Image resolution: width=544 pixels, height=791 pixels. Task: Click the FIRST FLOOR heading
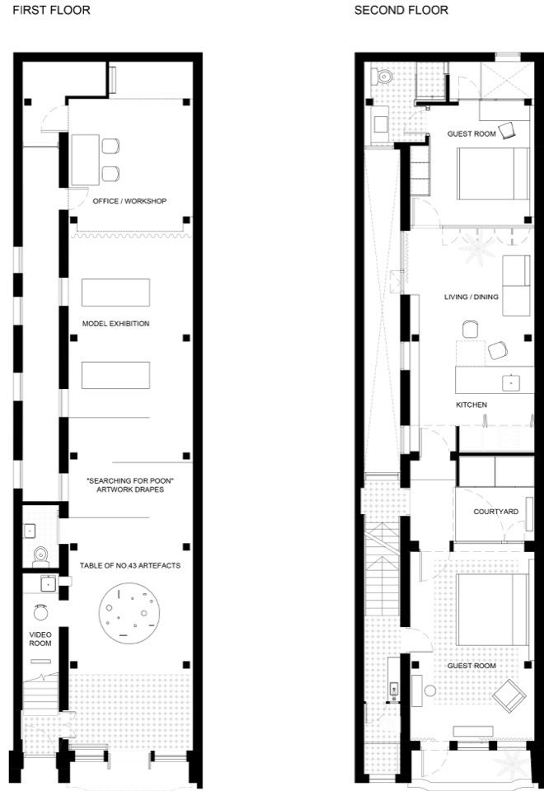[x=51, y=10]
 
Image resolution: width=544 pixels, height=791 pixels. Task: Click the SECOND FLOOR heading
[x=401, y=10]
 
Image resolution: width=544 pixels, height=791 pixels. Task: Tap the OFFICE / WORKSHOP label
[x=129, y=201]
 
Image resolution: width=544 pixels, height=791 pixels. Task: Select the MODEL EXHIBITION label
[x=115, y=323]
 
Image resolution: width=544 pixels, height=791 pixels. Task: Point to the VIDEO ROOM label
[x=40, y=639]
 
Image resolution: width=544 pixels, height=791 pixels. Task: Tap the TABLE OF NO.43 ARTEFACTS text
[x=130, y=565]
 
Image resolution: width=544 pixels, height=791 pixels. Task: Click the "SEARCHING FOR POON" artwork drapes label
[x=130, y=484]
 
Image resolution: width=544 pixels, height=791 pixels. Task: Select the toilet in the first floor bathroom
[x=40, y=557]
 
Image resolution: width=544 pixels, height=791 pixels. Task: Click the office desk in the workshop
[x=85, y=160]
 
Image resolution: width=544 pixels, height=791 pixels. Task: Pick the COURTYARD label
[x=495, y=512]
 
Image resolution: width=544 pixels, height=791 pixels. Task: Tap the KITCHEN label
[x=471, y=405]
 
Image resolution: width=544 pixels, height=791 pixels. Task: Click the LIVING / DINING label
[x=471, y=297]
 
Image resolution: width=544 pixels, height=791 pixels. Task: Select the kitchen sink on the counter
[x=511, y=383]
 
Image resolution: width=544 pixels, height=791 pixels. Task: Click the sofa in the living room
[x=516, y=286]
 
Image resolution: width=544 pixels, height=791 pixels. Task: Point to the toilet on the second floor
[x=382, y=77]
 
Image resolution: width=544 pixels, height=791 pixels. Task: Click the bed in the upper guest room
[x=493, y=174]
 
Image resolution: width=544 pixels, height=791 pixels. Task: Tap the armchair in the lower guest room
[x=509, y=696]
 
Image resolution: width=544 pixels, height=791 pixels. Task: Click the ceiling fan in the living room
[x=477, y=248]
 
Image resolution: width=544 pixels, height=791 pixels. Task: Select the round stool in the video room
[x=40, y=612]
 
